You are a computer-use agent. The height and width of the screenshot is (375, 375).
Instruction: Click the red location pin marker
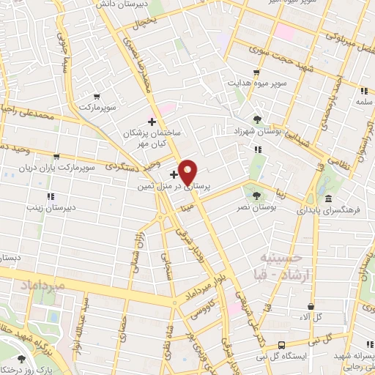click(x=188, y=171)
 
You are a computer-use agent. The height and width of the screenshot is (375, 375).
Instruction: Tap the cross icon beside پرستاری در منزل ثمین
click(x=174, y=174)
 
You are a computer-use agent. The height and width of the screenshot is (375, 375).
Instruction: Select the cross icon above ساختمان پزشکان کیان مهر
click(x=152, y=122)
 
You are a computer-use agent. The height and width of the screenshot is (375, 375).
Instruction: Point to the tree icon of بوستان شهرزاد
click(x=256, y=119)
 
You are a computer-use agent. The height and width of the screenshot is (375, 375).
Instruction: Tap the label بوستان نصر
click(x=256, y=209)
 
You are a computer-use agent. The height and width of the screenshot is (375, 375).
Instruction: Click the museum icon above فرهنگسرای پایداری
click(x=327, y=199)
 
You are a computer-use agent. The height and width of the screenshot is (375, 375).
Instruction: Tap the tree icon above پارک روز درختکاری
click(x=21, y=359)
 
